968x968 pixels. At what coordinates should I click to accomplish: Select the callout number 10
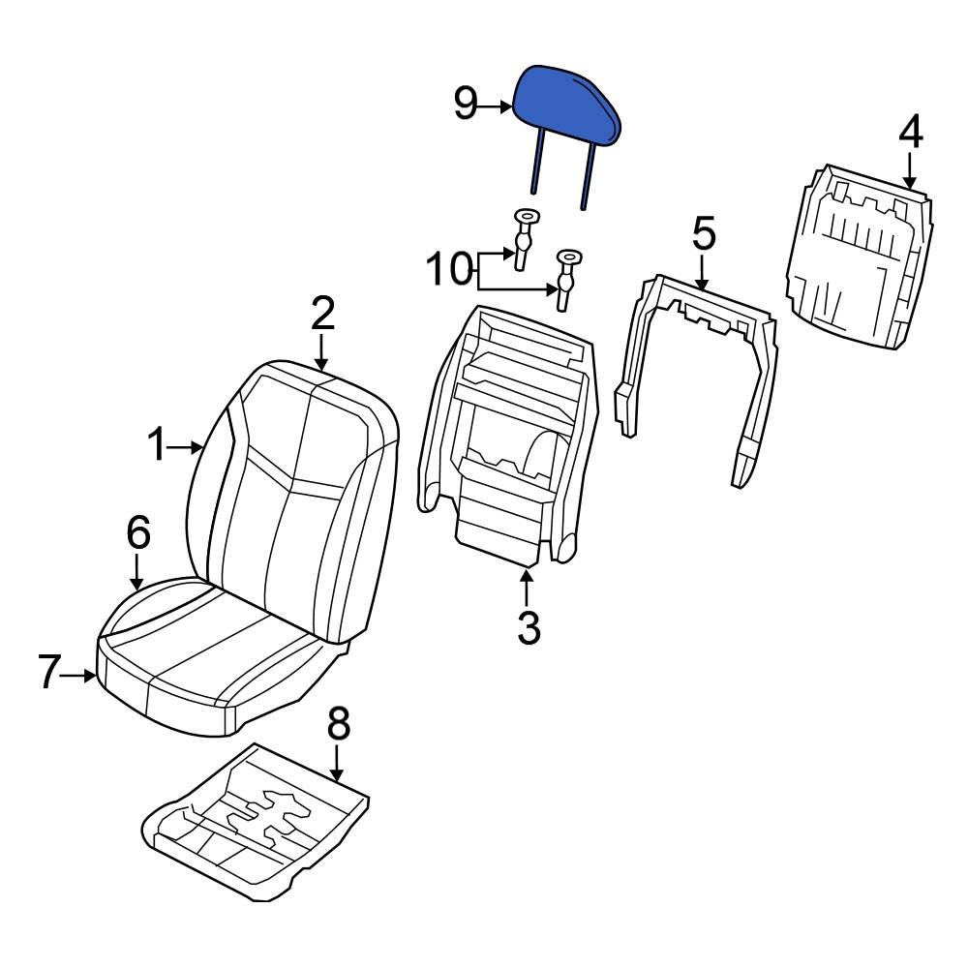(450, 270)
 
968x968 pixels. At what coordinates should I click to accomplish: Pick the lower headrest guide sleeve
(565, 276)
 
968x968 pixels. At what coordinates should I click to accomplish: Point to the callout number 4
(910, 133)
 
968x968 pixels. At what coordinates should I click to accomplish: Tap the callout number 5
(704, 234)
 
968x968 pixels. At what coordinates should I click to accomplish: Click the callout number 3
(528, 627)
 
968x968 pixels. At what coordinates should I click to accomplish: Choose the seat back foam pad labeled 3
(503, 436)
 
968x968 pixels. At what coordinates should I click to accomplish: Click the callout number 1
(157, 446)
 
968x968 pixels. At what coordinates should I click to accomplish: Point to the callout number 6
(138, 531)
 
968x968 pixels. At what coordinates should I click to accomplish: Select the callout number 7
(50, 673)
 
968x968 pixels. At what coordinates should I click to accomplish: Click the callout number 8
(338, 723)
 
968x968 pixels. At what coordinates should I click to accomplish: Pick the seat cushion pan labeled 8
(257, 818)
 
